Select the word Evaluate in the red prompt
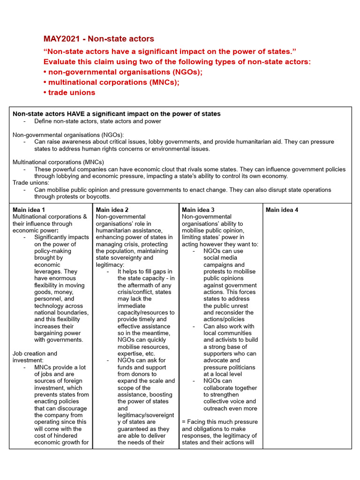(60, 61)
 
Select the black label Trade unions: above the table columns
(30, 183)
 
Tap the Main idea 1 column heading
(29, 210)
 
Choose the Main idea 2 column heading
(112, 210)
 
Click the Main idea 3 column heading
(198, 210)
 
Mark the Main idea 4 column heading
(282, 210)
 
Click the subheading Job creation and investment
(35, 357)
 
